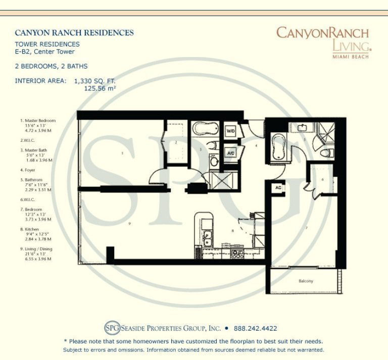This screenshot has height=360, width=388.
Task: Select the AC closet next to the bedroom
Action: [x=278, y=187]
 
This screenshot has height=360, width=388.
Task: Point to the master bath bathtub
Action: [x=205, y=129]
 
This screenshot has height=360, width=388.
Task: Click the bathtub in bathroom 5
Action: [x=278, y=146]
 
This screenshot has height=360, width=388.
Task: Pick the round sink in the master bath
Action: [x=214, y=162]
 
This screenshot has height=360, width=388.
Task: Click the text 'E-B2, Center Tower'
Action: [x=44, y=52]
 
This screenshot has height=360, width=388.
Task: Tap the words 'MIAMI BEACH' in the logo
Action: [x=350, y=56]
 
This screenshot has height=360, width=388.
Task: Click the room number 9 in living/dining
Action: [x=130, y=223]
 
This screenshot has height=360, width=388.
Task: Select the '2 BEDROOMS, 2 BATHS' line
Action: [x=51, y=66]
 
